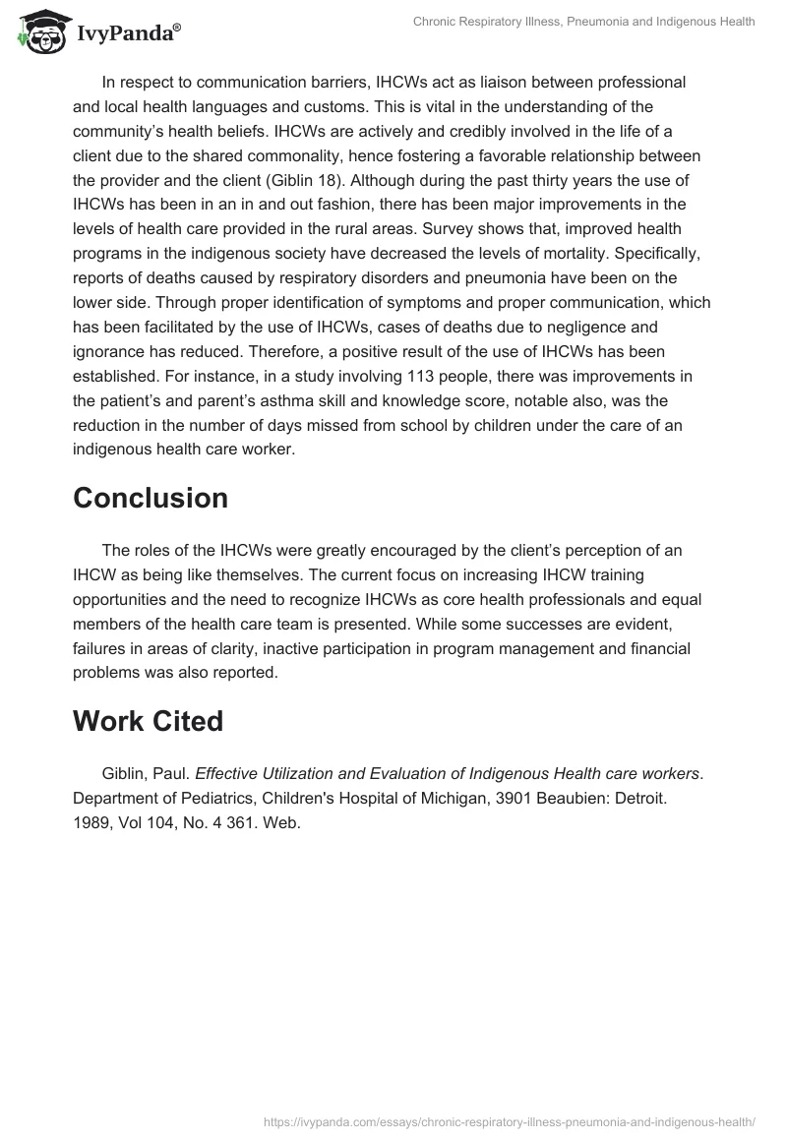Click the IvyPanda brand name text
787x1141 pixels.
click(128, 33)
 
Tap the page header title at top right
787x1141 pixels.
click(582, 22)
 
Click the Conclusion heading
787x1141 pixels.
click(151, 498)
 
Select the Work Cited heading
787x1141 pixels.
click(148, 721)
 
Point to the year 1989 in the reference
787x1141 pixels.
click(92, 823)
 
